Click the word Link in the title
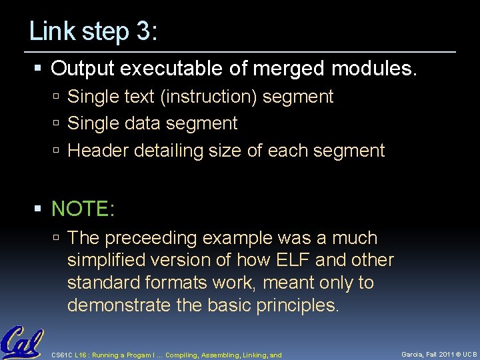point(51,31)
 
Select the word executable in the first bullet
point(186,68)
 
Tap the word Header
point(99,151)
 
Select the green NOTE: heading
point(83,209)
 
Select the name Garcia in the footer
point(414,355)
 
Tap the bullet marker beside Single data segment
point(58,124)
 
